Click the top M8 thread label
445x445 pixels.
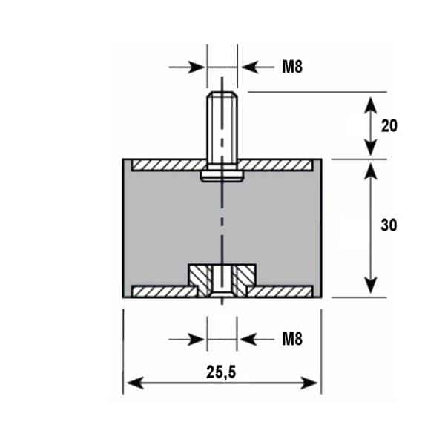[292, 67]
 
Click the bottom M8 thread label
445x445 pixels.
[292, 339]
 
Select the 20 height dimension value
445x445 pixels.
[389, 125]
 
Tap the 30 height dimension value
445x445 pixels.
[389, 225]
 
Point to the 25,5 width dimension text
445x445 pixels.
[221, 372]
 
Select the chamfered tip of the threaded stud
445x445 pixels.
[222, 94]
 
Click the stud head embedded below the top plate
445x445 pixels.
[222, 176]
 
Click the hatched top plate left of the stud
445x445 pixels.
[169, 165]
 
